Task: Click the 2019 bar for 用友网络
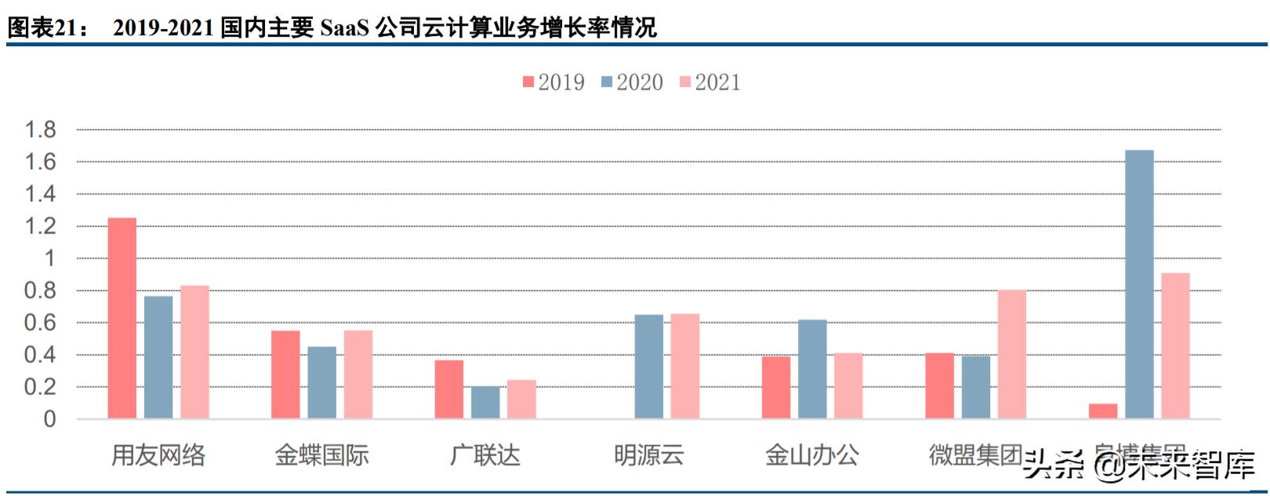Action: (x=122, y=317)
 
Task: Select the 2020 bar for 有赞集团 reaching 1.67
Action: (x=1138, y=284)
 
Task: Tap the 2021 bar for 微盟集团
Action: (x=1011, y=354)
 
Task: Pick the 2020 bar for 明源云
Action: (x=648, y=366)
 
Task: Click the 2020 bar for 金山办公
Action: (x=812, y=368)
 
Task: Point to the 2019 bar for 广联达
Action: (x=448, y=389)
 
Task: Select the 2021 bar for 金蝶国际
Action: (x=357, y=375)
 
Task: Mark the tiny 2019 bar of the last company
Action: (x=1102, y=411)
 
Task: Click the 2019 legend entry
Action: (x=553, y=82)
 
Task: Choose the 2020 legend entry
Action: (x=632, y=82)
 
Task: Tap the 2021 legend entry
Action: (x=709, y=82)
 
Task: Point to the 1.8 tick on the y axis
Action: (x=41, y=129)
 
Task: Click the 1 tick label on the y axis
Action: (x=50, y=258)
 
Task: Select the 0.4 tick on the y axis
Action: (x=41, y=355)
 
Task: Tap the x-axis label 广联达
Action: (x=484, y=454)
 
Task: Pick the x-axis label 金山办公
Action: (x=811, y=454)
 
